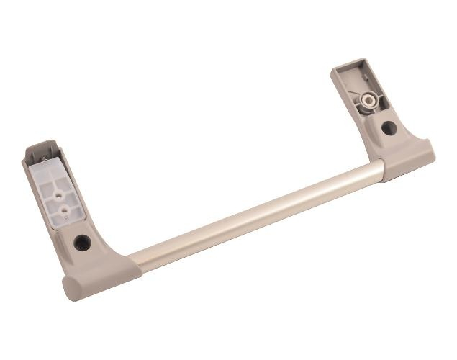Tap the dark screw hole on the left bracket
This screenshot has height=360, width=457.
82,242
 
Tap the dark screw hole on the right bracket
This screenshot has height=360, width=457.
389,128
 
